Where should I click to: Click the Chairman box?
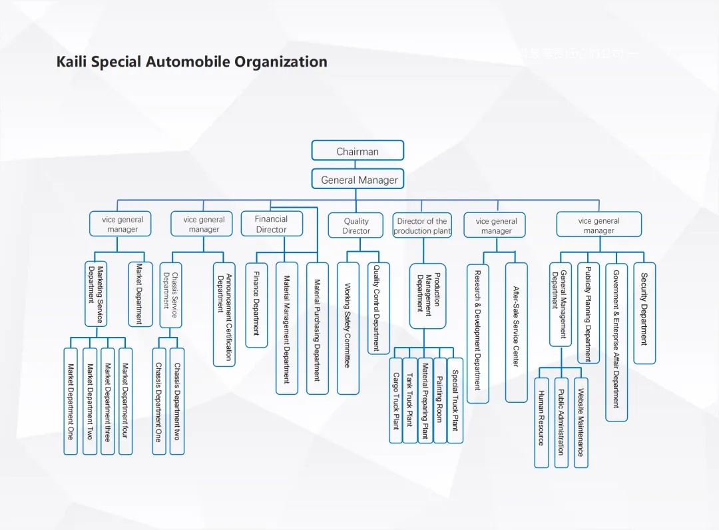(x=358, y=150)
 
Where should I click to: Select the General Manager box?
(x=358, y=179)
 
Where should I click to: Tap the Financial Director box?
(x=271, y=224)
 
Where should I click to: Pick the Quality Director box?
(x=356, y=226)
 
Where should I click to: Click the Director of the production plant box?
(x=422, y=226)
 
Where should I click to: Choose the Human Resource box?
(x=542, y=422)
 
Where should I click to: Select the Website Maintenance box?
(x=581, y=422)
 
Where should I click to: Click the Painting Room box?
(x=439, y=399)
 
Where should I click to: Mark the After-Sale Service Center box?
(x=516, y=332)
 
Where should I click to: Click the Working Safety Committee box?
(x=348, y=328)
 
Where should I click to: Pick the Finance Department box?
(x=256, y=305)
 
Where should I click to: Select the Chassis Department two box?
(x=176, y=401)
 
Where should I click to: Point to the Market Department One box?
(x=71, y=401)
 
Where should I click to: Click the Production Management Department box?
(x=427, y=296)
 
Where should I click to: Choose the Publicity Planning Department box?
(x=588, y=313)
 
